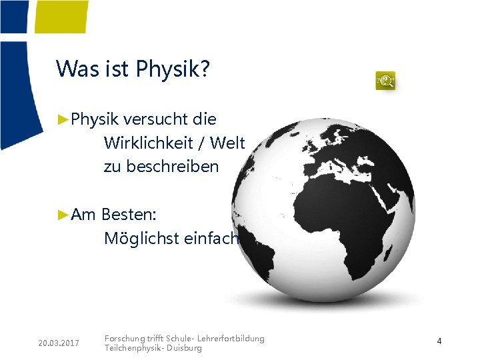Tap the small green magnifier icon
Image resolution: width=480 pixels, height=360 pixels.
tap(385, 81)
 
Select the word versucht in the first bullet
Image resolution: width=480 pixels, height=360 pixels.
tap(155, 120)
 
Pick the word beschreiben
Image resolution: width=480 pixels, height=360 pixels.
tap(161, 167)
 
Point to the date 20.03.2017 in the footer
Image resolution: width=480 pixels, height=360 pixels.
tap(59, 343)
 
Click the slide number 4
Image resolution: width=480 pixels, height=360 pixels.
tap(439, 341)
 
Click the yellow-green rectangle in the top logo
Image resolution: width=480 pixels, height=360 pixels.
tap(61, 16)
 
